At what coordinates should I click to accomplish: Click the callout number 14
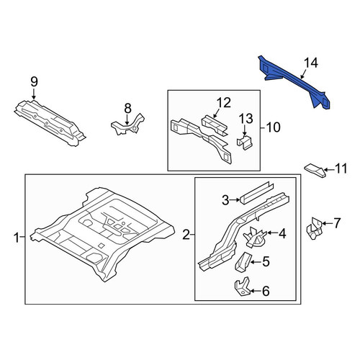click(x=311, y=63)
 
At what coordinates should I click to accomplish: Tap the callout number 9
click(x=34, y=82)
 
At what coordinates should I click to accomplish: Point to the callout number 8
click(x=127, y=108)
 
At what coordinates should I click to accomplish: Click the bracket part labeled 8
click(x=127, y=125)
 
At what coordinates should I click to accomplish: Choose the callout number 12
click(x=224, y=103)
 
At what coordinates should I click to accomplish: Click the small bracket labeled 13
click(x=245, y=143)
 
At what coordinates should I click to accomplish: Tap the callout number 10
click(x=274, y=127)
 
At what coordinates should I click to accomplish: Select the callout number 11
click(x=341, y=168)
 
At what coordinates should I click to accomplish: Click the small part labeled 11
click(x=315, y=171)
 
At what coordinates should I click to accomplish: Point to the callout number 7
click(x=337, y=223)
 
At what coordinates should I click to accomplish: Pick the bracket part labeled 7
click(x=315, y=228)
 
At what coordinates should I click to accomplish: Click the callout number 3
click(x=225, y=200)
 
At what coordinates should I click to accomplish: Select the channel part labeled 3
click(x=257, y=193)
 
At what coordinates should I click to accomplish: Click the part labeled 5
click(x=243, y=262)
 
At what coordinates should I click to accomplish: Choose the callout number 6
click(x=266, y=291)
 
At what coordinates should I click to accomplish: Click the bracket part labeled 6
click(x=242, y=287)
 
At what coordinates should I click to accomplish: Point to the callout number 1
click(x=17, y=238)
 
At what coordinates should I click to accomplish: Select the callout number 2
click(x=186, y=235)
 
